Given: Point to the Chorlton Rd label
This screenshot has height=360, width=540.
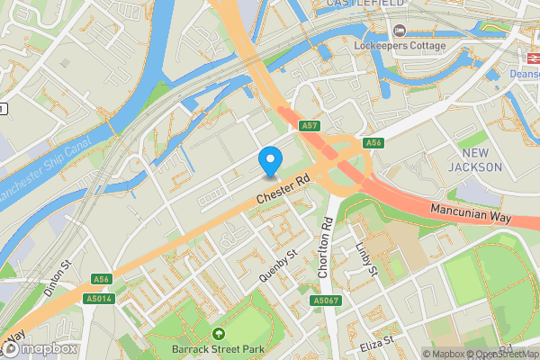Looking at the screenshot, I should tap(327, 255).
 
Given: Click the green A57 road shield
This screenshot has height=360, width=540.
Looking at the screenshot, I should tap(310, 126).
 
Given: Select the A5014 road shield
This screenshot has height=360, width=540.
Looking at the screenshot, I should tap(99, 298).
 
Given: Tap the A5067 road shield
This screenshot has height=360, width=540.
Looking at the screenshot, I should tap(326, 300).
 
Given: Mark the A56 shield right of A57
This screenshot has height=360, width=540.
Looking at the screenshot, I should tap(374, 143).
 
